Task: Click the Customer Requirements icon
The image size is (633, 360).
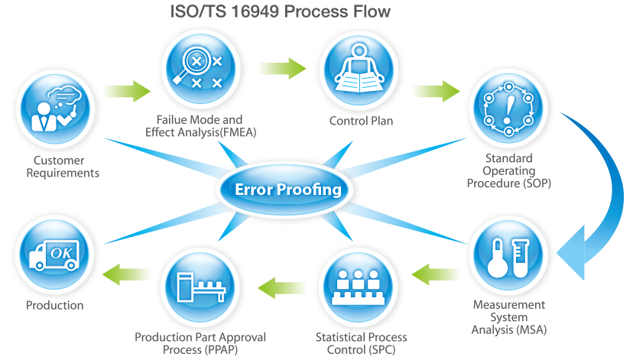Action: point(56,109)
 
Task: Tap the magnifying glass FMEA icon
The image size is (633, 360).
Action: point(200,69)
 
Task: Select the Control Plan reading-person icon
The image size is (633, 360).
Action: point(359,70)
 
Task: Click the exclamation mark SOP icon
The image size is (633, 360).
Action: point(508,109)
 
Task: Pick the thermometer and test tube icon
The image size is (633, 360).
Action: point(508,255)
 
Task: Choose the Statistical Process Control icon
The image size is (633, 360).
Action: point(358,287)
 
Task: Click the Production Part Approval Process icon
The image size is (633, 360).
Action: point(200,287)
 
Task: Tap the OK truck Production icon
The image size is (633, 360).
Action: point(54,255)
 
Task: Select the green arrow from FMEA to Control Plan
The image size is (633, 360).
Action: point(283,68)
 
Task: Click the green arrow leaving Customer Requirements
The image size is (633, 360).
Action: point(127,91)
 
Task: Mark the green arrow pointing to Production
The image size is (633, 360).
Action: point(126,274)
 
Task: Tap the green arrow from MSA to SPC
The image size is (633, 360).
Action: point(435,274)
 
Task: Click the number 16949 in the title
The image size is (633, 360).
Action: point(255,11)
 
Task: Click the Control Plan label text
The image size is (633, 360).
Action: point(361,121)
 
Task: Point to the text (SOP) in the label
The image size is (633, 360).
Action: point(537,183)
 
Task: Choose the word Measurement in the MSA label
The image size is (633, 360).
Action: point(508,305)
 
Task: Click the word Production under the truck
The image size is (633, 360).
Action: point(54,305)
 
